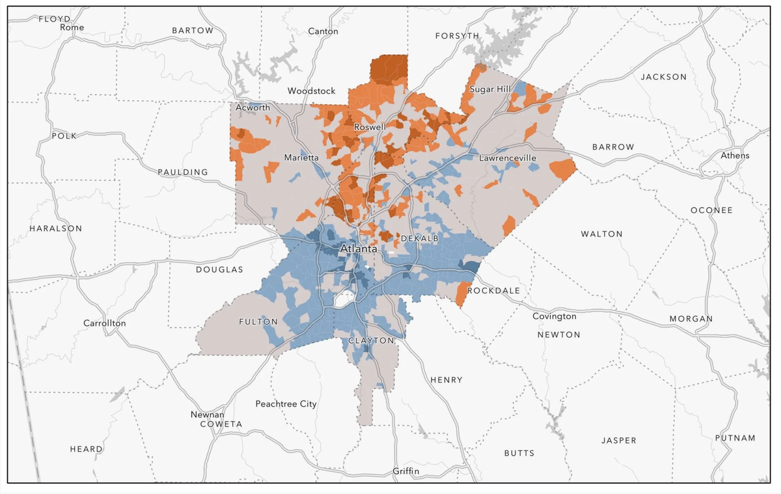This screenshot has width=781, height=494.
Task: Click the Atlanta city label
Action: (359, 249)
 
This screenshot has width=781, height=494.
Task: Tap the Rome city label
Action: (72, 27)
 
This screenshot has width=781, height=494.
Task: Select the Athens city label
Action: (735, 156)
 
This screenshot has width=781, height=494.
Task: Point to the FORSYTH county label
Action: (458, 36)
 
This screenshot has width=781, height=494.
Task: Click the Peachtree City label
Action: (286, 404)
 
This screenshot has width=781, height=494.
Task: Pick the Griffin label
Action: (406, 471)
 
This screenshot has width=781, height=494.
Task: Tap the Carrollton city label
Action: (105, 323)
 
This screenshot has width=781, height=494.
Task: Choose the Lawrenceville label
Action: (508, 158)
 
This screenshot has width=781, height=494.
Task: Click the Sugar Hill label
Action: (490, 89)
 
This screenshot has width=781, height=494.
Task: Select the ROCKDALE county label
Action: (494, 290)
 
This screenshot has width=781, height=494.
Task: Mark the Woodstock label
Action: (312, 91)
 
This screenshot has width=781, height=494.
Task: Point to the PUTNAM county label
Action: (735, 438)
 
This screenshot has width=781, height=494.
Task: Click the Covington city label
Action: (555, 316)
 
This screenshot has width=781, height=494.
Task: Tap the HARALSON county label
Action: (56, 228)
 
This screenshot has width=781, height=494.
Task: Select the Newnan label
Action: (208, 415)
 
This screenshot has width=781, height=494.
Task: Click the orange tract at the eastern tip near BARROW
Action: (562, 169)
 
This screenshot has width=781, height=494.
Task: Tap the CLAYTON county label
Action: (371, 341)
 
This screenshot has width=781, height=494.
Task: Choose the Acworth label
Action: (253, 107)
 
